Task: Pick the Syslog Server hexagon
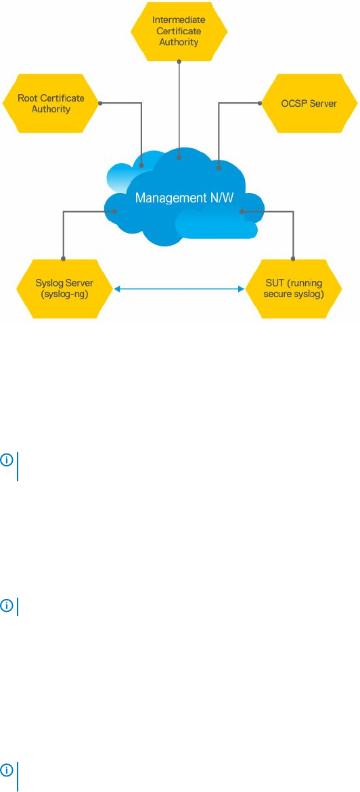[65, 289]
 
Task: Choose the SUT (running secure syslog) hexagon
[294, 289]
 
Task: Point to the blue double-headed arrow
[179, 289]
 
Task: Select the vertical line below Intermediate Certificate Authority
[178, 110]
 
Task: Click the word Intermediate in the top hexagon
[178, 21]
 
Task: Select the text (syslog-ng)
[65, 294]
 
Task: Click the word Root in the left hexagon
[27, 97]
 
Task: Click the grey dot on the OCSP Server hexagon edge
[260, 104]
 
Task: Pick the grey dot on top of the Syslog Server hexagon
[63, 259]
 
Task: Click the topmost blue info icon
[8, 460]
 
